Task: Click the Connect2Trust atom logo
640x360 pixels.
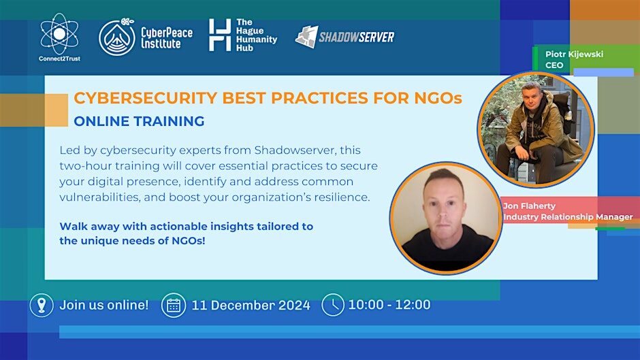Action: (60, 34)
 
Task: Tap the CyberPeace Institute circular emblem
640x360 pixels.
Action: (117, 37)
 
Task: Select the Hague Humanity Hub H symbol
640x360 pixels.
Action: (220, 35)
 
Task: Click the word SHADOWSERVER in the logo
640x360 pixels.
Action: (356, 37)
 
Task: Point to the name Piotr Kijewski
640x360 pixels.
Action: (574, 54)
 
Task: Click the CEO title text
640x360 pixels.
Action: (554, 65)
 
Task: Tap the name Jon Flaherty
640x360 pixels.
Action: (529, 206)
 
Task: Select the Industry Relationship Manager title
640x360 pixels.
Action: (568, 216)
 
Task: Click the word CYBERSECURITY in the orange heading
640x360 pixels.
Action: (145, 98)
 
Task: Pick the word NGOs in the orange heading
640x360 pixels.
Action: (438, 98)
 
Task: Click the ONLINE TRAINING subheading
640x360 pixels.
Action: (139, 121)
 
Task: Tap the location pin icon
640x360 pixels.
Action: (42, 306)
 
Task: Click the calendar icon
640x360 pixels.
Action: (174, 306)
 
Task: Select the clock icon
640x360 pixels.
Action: (333, 305)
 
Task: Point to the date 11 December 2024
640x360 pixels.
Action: (251, 306)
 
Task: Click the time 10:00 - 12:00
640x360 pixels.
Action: (389, 304)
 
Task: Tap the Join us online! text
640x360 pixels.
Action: (104, 305)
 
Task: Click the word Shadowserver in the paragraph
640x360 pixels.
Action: (295, 150)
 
